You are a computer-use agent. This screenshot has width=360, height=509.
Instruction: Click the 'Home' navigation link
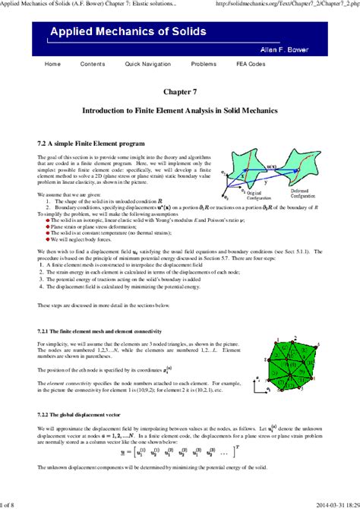52,64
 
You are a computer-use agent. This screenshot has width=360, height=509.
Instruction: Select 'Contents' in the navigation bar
92,64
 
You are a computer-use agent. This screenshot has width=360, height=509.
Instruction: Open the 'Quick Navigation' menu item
147,64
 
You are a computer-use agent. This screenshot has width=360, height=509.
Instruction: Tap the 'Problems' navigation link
204,64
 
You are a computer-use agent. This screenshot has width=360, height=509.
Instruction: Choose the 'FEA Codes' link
251,64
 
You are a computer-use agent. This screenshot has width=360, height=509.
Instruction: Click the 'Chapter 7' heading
179,92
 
